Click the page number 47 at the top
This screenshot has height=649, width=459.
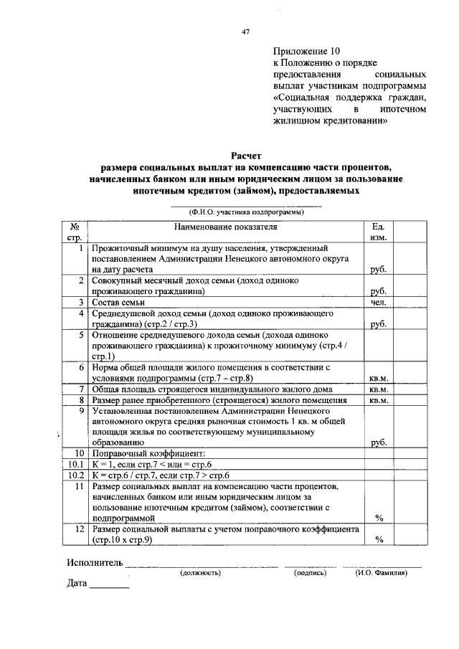click(x=246, y=32)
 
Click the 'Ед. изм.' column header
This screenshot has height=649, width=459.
click(x=379, y=232)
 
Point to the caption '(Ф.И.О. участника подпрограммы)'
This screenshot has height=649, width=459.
click(x=246, y=212)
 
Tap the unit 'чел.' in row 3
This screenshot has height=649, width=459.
click(x=379, y=303)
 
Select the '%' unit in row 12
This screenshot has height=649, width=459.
click(x=379, y=540)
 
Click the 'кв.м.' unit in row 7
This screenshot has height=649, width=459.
click(x=379, y=389)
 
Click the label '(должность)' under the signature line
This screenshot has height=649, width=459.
click(x=200, y=573)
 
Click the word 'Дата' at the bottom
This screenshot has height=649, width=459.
click(x=77, y=584)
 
